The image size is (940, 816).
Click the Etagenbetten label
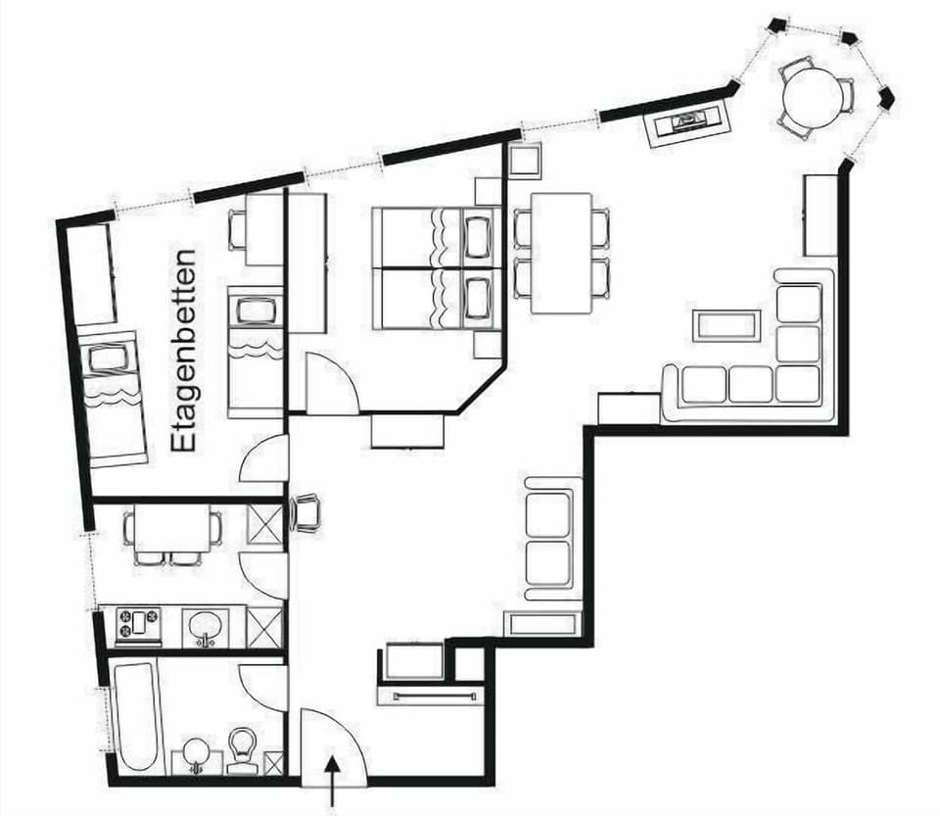click(x=183, y=351)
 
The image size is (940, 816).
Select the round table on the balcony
click(x=812, y=95)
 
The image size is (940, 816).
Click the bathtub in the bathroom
click(x=133, y=719)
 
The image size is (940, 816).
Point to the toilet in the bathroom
click(x=242, y=745)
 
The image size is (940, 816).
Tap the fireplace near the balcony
click(x=689, y=120)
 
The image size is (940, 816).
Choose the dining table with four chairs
click(x=561, y=253)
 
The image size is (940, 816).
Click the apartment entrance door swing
click(x=333, y=744)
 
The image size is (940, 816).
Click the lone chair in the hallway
click(x=305, y=512)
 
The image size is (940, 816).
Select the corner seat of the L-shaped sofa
click(x=797, y=383)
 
